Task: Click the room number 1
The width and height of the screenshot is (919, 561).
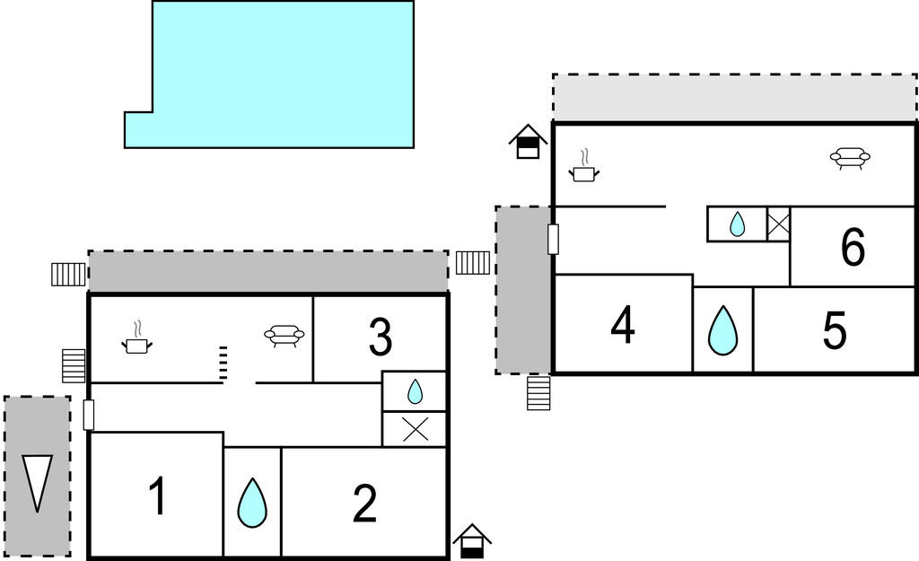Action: click(158, 496)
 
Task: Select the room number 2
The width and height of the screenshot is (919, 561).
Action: click(364, 503)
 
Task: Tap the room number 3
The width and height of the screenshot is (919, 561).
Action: click(381, 337)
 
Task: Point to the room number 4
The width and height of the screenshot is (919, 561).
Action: click(623, 326)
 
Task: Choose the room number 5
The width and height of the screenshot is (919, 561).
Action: click(835, 331)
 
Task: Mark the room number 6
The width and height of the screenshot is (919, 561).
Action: click(853, 248)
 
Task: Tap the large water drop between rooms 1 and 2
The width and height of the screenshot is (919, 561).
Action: click(252, 503)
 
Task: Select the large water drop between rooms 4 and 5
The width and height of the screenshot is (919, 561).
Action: click(722, 330)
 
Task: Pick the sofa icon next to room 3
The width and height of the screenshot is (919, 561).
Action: click(284, 336)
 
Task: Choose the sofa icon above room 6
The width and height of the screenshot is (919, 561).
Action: click(850, 159)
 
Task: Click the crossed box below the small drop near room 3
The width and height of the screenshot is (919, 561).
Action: click(415, 429)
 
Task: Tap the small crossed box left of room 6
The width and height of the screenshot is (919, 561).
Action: click(778, 224)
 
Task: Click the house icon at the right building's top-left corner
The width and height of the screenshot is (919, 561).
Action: click(528, 142)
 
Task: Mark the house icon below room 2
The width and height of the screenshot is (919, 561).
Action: click(472, 541)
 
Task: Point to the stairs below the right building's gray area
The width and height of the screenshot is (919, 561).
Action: click(538, 393)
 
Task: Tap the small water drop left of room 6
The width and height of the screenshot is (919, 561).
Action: click(737, 224)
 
